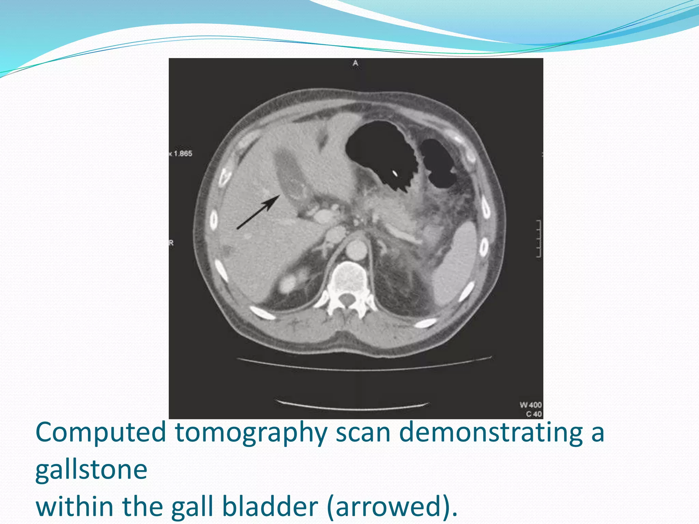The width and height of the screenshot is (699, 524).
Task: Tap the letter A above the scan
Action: coord(355,63)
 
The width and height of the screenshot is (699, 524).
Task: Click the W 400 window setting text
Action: coord(530,405)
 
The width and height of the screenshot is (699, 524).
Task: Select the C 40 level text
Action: coord(534,414)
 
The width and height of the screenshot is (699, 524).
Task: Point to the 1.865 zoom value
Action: coord(183,154)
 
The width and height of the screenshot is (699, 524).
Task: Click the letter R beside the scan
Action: coord(171,243)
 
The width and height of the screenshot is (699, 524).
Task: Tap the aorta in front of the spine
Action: coord(356,250)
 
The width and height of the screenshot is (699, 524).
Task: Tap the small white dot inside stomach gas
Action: coord(395,174)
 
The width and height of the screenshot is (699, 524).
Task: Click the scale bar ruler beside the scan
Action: coord(538,239)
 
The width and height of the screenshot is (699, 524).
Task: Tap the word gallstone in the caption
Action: coord(91,469)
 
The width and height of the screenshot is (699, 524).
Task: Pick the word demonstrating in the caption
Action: coord(491,433)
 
